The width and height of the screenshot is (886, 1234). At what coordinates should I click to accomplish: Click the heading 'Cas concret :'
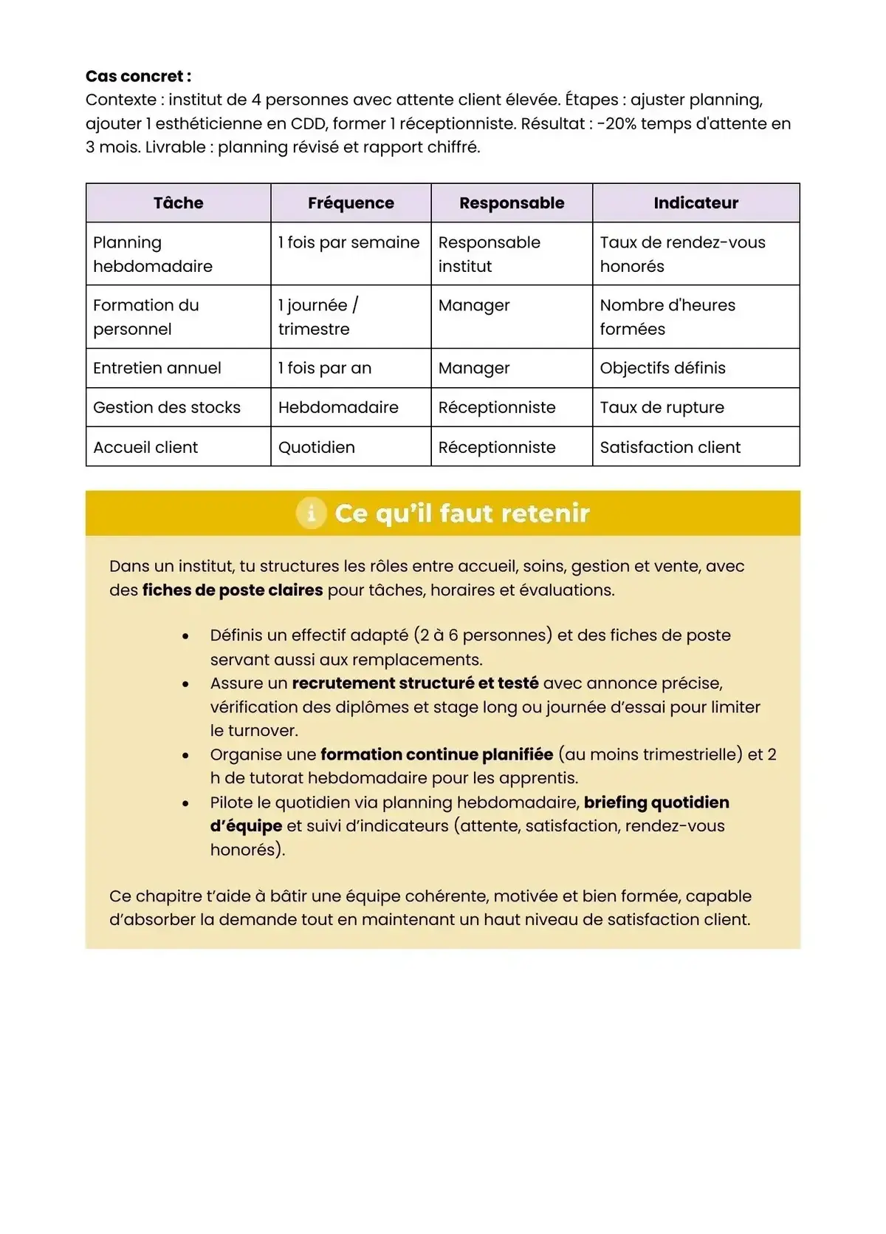point(138,76)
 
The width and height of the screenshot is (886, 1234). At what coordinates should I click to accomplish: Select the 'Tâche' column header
point(178,203)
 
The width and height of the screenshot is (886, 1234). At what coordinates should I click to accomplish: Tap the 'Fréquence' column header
point(351,203)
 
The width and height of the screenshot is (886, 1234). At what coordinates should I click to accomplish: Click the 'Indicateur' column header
point(696,203)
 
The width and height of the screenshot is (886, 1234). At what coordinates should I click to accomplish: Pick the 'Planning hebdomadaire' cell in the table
point(153,254)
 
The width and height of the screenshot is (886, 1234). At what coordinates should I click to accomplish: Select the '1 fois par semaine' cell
point(348,242)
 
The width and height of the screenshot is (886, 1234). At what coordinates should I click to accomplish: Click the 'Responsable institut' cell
point(489,254)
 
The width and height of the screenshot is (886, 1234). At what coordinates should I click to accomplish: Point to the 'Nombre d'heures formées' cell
point(667,317)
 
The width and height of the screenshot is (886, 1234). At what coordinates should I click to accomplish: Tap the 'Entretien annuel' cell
point(157,368)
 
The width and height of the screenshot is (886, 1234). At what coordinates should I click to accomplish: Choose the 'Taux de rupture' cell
point(662,407)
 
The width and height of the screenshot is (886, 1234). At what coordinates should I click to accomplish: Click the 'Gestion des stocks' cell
point(167,407)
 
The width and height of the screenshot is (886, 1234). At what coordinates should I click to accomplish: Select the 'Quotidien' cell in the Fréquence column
point(317,447)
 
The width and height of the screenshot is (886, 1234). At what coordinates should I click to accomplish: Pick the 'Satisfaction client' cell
point(670,447)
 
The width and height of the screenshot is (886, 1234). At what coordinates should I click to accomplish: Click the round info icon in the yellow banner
point(311,513)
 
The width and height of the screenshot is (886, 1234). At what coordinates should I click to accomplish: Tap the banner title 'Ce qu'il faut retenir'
point(461,513)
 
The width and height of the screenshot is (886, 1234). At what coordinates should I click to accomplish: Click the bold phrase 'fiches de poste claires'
point(233,590)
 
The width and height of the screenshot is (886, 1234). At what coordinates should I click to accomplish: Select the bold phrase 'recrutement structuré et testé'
point(415,684)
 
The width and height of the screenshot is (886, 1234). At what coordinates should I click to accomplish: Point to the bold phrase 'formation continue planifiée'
point(436,754)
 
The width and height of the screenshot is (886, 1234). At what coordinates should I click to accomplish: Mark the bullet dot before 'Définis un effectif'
point(185,636)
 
